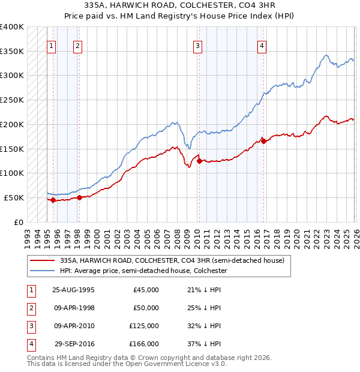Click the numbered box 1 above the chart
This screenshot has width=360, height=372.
52,45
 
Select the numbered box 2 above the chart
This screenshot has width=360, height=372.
78,45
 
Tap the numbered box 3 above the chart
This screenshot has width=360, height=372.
197,45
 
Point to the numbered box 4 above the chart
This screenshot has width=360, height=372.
262,45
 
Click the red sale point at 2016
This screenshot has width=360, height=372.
263,141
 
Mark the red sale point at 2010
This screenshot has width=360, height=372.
199,161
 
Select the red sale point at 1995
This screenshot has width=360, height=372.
53,200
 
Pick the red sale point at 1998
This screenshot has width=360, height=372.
79,197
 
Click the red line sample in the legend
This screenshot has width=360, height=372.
43,260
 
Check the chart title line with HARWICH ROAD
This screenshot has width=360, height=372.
180,6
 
